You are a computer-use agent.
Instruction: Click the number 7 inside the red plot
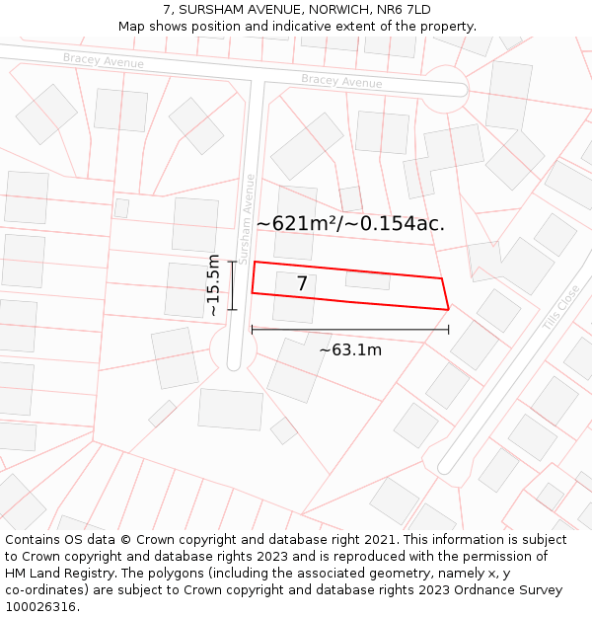pos(302,284)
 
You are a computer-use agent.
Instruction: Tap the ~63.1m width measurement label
pos(350,349)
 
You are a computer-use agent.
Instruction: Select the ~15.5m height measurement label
pos(213,284)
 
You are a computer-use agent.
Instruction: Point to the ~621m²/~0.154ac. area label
pos(350,224)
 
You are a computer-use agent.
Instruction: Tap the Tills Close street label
pos(561,307)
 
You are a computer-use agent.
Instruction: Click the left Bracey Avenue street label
pos(104,61)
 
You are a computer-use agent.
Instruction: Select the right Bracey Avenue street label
pos(341,81)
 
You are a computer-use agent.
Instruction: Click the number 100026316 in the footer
pos(39,607)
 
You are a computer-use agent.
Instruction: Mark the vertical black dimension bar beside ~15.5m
pos(233,285)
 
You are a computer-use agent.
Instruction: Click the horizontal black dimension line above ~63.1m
pos(350,330)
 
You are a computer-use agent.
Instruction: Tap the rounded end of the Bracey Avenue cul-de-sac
pos(449,87)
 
